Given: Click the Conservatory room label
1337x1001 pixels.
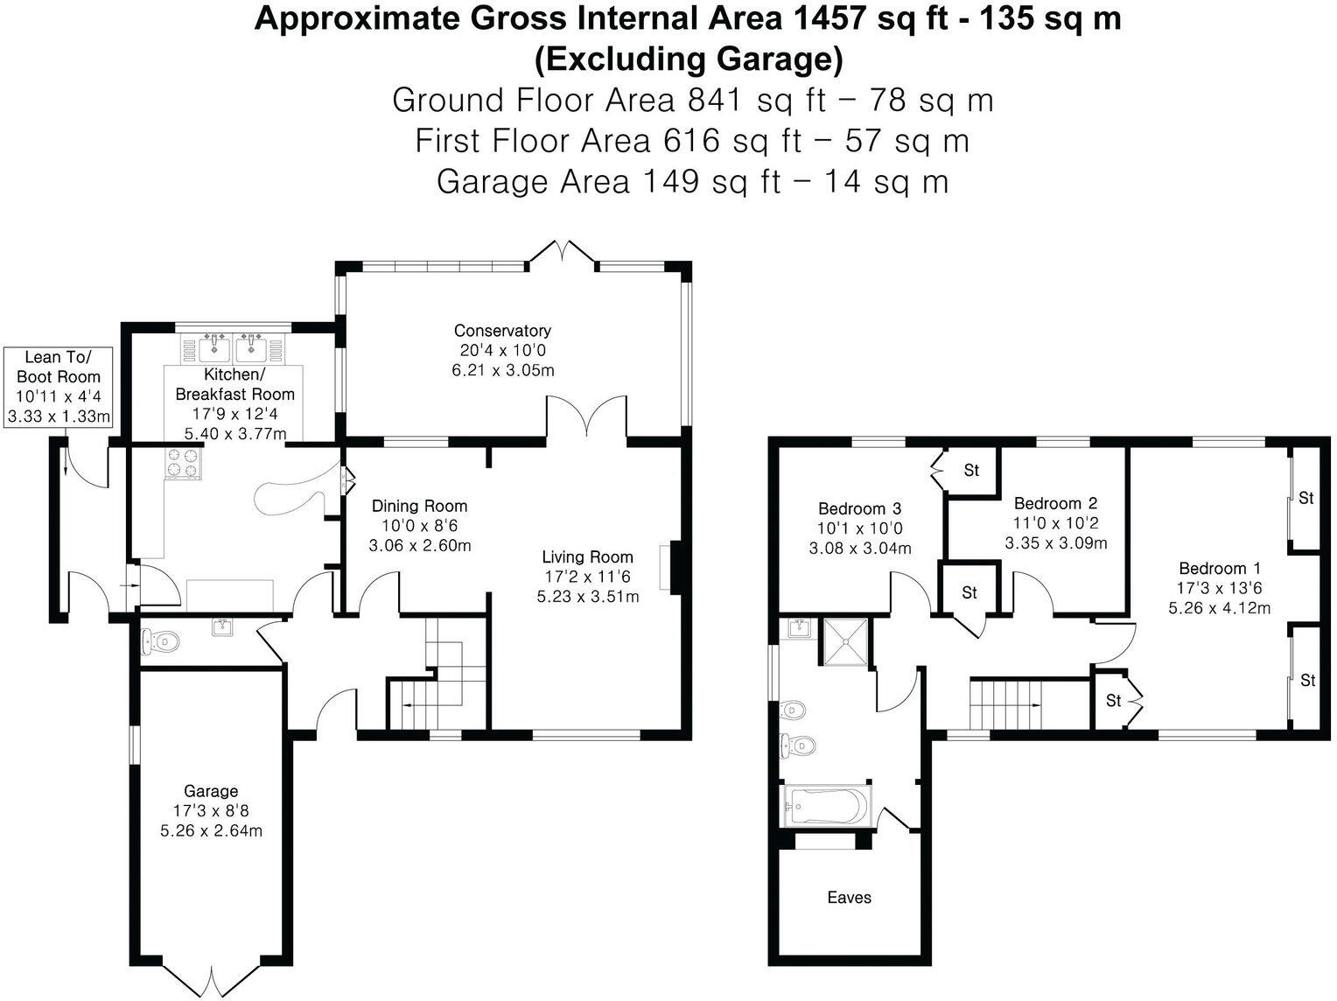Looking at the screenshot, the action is [502, 331].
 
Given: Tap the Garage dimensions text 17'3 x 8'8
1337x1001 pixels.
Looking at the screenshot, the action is [211, 810].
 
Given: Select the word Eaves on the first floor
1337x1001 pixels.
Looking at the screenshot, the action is [849, 897].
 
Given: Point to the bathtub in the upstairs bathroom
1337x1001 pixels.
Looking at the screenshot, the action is [827, 806].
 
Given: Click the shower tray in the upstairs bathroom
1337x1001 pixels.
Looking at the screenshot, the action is [845, 641].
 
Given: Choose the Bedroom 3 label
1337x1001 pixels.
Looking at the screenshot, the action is [859, 508].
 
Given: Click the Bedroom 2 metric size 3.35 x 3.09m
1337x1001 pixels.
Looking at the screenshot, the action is [1055, 542].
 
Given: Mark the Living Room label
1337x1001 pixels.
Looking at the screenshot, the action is [587, 556].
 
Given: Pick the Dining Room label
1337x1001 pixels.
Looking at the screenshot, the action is [419, 506].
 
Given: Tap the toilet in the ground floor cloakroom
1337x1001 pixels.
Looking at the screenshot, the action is [160, 641].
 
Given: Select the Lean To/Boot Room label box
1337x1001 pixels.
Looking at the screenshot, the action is [59, 388].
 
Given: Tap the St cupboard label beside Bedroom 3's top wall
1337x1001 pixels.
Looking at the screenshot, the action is [971, 470].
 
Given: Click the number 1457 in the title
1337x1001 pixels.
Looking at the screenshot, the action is [829, 18].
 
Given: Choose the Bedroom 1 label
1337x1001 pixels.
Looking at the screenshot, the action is [1220, 568].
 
